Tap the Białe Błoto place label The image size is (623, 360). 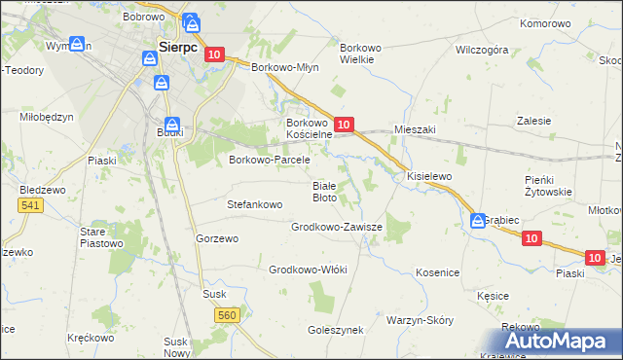[324, 191]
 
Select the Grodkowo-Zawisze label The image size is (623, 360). [337, 227]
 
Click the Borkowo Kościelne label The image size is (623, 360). [309, 128]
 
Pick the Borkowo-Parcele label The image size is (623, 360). [269, 160]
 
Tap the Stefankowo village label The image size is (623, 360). [254, 205]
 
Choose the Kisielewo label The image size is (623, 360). [429, 176]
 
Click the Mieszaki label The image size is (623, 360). [415, 128]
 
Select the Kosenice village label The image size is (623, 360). [437, 273]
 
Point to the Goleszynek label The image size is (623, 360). [335, 330]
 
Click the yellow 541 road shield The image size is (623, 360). [30, 204]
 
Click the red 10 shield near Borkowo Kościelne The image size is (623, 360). [343, 124]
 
